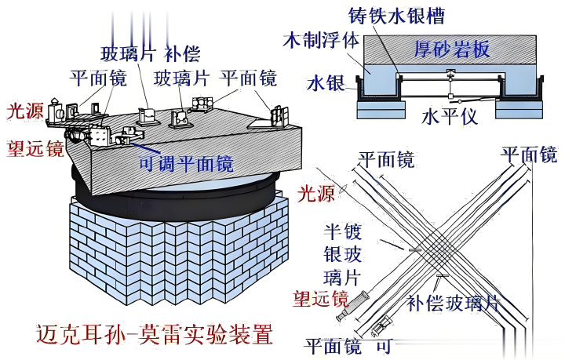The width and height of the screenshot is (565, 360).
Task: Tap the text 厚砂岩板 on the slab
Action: [452, 50]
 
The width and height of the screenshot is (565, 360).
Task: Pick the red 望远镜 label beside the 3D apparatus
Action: [35, 148]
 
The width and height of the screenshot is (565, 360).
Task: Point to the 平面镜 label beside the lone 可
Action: [331, 344]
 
